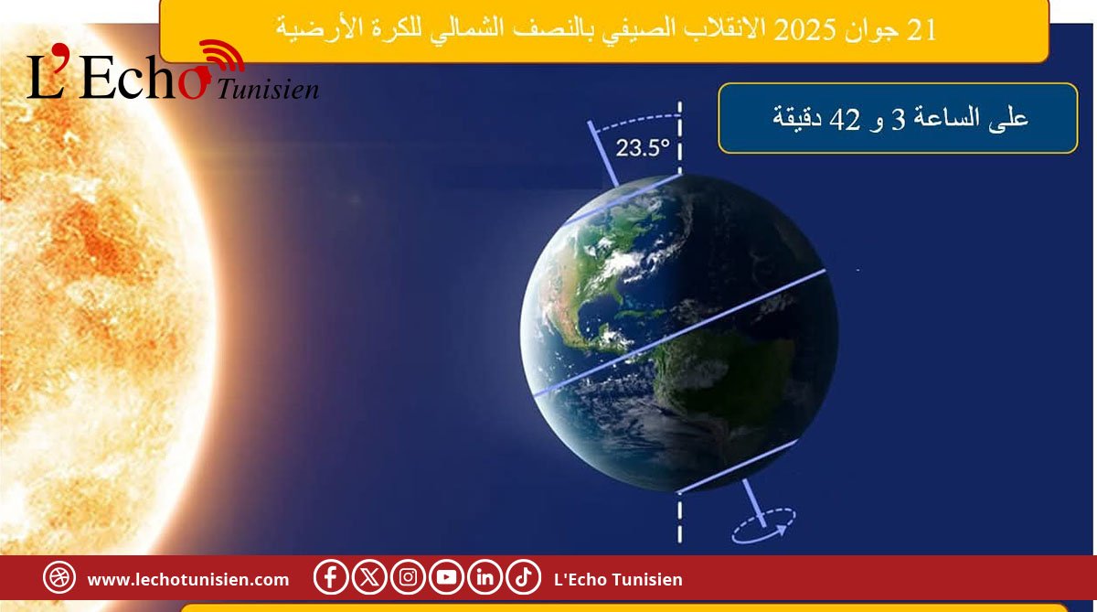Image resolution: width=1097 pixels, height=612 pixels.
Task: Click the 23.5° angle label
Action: click(642, 147)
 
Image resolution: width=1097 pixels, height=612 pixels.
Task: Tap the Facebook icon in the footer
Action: click(331, 577)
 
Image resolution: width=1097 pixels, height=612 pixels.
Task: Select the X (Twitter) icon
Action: click(369, 577)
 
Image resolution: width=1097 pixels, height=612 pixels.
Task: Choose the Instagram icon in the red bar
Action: click(408, 577)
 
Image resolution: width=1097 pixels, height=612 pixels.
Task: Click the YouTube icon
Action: click(446, 577)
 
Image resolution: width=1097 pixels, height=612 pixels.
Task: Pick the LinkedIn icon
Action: click(485, 577)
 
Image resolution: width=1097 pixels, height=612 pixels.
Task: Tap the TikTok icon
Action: click(524, 577)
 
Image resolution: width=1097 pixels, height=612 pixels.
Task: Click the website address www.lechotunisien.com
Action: click(188, 580)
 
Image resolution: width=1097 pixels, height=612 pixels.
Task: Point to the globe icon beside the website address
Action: click(59, 577)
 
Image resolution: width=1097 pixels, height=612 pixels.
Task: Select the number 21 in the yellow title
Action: click(921, 30)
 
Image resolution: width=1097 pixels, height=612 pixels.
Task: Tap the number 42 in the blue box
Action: click(845, 120)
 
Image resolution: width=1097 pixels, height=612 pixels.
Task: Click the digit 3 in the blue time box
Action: click(898, 120)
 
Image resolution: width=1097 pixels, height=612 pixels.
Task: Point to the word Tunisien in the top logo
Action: click(268, 90)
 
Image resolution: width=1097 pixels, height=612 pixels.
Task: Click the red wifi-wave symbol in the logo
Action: click(223, 55)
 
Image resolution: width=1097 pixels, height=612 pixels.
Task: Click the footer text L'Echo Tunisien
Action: click(618, 580)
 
